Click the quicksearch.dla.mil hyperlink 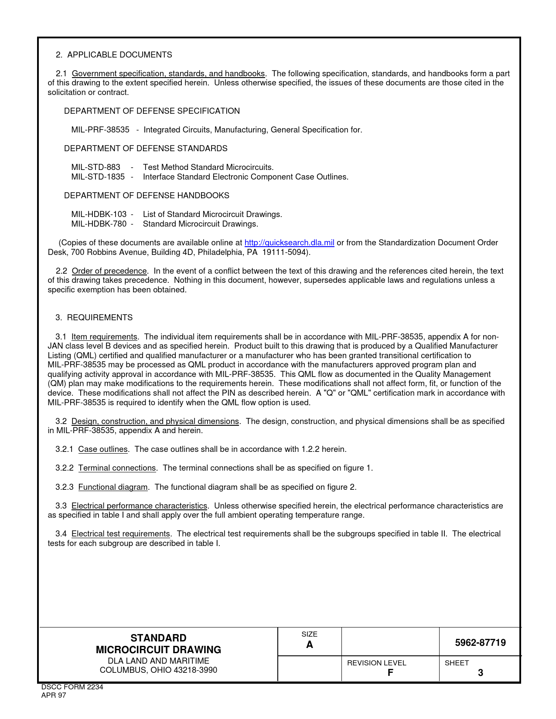[289, 243]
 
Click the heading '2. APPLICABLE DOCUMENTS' [114, 55]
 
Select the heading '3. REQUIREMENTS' [94, 318]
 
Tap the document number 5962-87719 [480, 643]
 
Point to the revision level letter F [390, 672]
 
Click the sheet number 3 [480, 673]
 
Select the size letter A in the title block [310, 645]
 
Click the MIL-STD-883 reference [96, 167]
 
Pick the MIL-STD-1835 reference [98, 177]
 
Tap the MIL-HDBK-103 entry [99, 214]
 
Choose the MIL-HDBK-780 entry [99, 224]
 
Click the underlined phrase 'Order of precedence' [109, 271]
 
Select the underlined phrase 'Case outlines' [103, 449]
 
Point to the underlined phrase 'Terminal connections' [117, 468]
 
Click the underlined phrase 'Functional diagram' [113, 487]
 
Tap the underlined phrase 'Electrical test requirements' [121, 534]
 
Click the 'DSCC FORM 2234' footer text [72, 687]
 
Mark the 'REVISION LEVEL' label [376, 663]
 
